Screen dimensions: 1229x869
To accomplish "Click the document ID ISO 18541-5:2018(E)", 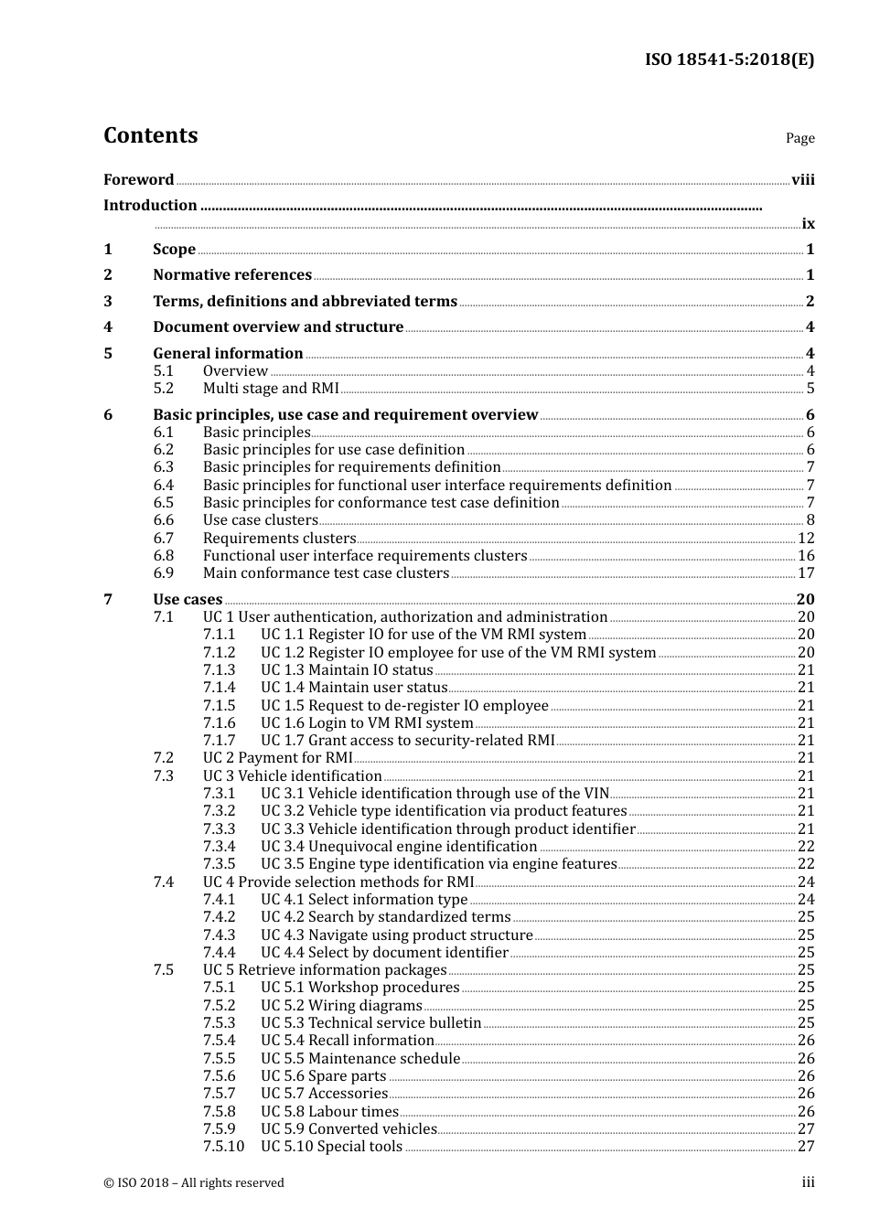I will tap(729, 59).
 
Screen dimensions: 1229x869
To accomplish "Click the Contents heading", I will tap(150, 135).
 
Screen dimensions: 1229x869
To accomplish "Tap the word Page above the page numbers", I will tap(799, 138).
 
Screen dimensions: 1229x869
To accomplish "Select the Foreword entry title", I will tap(138, 179).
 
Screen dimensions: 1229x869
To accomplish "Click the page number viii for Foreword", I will tap(802, 179).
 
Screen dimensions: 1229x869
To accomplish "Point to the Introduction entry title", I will tap(150, 205).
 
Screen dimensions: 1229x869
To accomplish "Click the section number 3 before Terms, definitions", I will tap(108, 301).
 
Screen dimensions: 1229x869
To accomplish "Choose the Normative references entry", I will tap(232, 274).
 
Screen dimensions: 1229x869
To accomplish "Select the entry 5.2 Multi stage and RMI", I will tap(270, 388).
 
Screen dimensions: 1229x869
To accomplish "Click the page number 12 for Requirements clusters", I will tap(806, 538).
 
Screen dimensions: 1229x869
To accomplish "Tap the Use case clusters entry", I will tap(260, 519).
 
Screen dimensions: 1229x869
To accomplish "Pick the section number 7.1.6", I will tap(219, 722).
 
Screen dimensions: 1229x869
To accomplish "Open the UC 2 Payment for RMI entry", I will tap(277, 757).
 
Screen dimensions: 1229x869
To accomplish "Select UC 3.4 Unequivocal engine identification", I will tap(399, 846).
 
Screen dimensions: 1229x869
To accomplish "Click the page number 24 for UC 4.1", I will tap(806, 899).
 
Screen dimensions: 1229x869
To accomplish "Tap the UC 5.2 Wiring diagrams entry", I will tap(341, 1005).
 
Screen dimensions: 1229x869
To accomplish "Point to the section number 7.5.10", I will tap(223, 1146).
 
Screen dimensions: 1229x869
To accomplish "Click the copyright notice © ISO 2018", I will tap(194, 1182).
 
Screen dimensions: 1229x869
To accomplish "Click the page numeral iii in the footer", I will tap(808, 1182).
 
